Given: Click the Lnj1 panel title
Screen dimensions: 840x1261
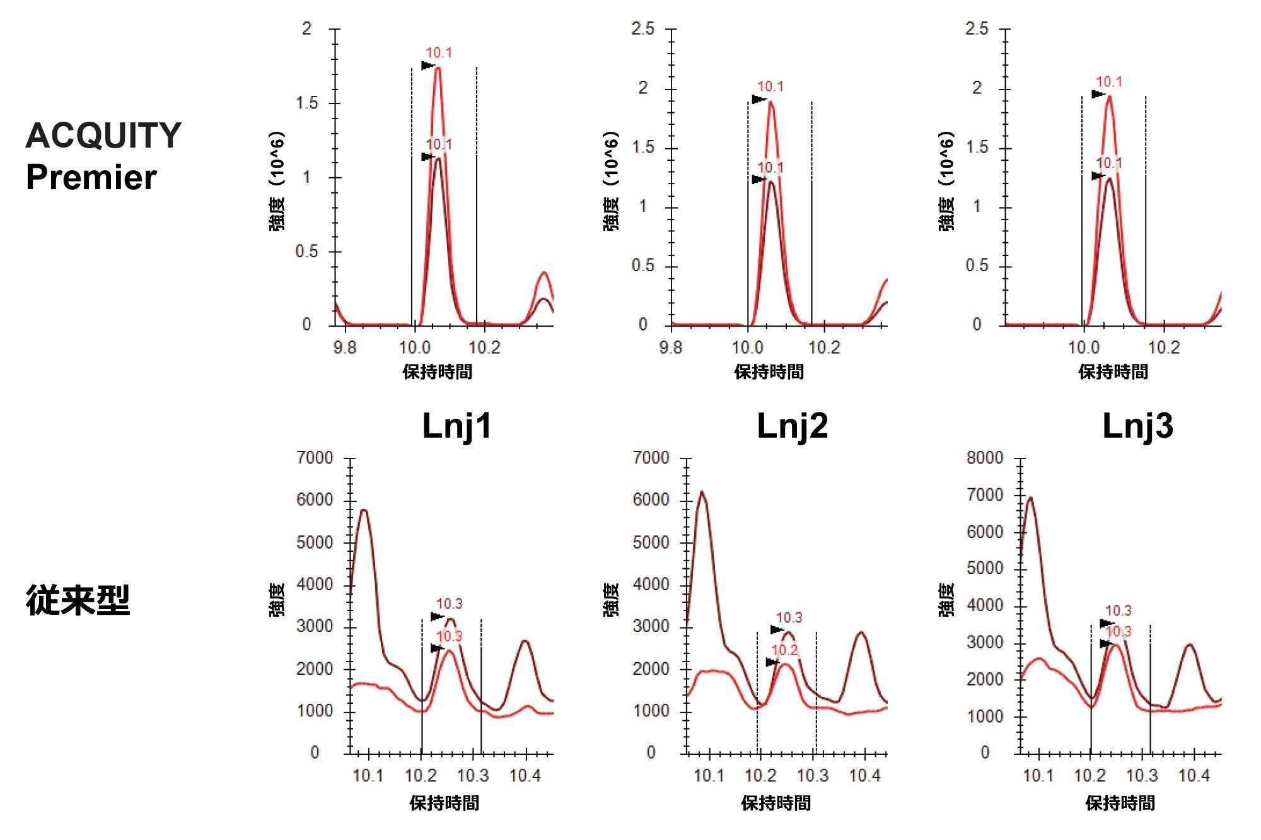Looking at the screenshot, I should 456,426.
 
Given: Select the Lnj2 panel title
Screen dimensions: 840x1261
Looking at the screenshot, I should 792,426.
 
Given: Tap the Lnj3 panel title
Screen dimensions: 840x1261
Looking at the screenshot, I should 1137,426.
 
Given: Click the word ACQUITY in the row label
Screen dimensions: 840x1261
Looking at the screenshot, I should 103,136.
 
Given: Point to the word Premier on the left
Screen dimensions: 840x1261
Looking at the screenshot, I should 91,177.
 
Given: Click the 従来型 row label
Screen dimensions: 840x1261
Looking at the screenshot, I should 78,600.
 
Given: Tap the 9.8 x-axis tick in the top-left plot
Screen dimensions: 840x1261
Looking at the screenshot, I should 344,347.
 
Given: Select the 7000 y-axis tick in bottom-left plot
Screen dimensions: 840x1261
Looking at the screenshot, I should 315,458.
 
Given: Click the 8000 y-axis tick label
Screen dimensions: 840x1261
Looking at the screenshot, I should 984,458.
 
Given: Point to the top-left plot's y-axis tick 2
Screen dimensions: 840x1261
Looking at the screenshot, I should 307,29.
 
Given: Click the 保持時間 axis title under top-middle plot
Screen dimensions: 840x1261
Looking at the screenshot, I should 769,372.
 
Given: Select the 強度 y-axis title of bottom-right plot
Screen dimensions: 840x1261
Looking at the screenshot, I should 947,599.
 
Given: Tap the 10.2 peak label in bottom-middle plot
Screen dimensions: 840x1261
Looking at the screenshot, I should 784,650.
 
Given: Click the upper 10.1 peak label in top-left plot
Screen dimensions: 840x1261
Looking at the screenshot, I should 439,53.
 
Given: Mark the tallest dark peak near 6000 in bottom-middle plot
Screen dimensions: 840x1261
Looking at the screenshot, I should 702,492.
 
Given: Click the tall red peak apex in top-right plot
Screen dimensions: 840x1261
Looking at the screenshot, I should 1108,96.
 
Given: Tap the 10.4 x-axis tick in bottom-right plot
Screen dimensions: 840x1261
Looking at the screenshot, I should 1194,776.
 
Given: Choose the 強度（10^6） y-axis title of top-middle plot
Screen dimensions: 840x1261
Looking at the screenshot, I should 612,182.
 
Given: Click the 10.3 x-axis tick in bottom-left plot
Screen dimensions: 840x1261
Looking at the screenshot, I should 473,776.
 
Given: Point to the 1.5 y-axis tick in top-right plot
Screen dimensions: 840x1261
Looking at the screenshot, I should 977,148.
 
